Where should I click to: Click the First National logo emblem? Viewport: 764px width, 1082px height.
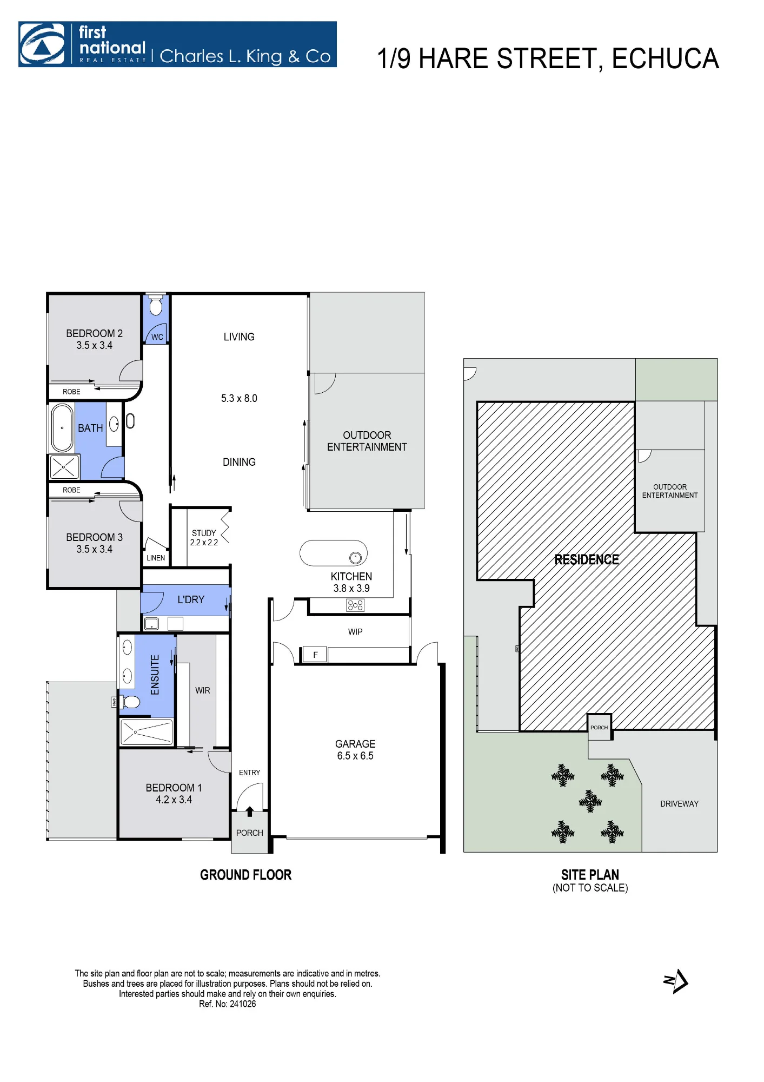click(x=42, y=44)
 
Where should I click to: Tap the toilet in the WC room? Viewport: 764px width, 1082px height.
click(x=156, y=305)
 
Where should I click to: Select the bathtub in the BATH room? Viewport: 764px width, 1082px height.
click(x=62, y=427)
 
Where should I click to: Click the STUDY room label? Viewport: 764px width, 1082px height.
click(x=204, y=533)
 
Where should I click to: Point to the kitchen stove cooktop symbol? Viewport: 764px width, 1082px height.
click(x=355, y=605)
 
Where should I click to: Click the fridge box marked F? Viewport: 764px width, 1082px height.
click(x=315, y=655)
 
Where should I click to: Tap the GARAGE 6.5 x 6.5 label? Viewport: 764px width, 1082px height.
click(x=355, y=750)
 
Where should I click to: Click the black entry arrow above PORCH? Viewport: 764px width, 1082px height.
click(x=249, y=811)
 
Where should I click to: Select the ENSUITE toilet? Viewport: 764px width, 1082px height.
click(x=130, y=702)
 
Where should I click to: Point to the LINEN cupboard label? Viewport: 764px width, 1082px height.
click(x=156, y=558)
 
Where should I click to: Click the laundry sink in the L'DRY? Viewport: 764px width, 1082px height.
click(x=151, y=623)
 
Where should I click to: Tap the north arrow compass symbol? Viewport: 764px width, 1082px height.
click(x=676, y=981)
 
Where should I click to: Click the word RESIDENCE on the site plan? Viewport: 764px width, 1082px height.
click(x=587, y=559)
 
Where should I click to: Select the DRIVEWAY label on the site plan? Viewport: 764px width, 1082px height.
click(x=679, y=804)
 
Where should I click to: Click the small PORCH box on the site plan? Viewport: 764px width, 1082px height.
click(x=599, y=727)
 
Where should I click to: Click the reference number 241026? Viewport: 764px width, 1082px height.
click(x=243, y=1004)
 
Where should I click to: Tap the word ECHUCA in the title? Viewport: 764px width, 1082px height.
click(x=665, y=58)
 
